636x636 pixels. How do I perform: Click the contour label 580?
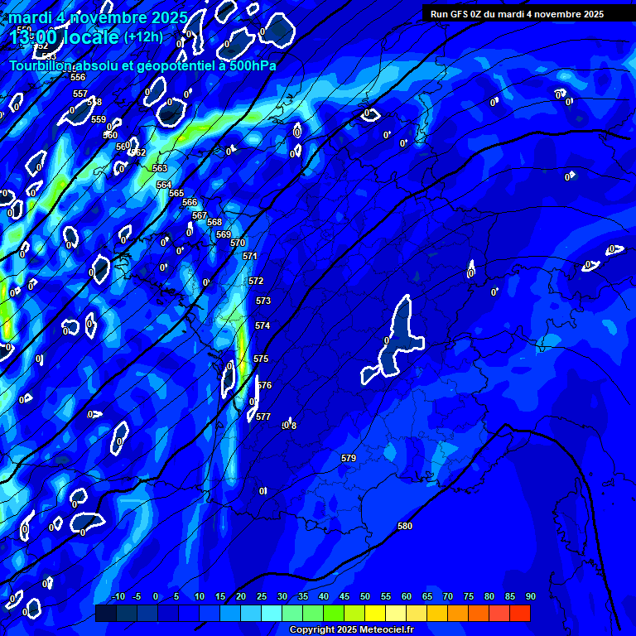[405, 526]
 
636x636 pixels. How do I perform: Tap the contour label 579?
[349, 458]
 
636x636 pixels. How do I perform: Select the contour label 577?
[263, 417]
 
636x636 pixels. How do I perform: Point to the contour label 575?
[261, 359]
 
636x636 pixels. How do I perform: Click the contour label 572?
[256, 281]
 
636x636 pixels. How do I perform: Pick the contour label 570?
[238, 243]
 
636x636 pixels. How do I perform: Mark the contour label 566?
[190, 202]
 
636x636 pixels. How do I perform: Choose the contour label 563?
[160, 168]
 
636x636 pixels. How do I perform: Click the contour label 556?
[78, 77]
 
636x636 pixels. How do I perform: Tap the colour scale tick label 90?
[530, 597]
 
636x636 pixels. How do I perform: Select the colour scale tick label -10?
[118, 597]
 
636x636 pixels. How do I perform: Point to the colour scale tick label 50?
[365, 597]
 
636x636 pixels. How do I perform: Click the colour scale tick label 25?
[262, 597]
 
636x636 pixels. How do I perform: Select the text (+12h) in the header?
[143, 36]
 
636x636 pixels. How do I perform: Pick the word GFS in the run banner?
[461, 14]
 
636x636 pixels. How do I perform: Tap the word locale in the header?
[87, 37]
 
